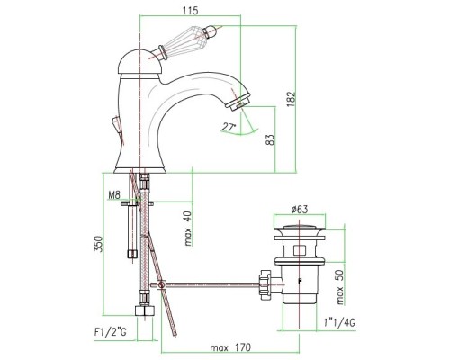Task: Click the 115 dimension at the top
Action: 190,11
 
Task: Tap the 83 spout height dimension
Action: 270,139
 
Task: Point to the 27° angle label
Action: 229,127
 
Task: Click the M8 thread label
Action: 114,195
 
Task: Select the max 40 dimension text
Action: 188,229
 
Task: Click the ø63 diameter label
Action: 300,209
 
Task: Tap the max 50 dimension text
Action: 339,287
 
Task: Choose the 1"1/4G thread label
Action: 339,323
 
